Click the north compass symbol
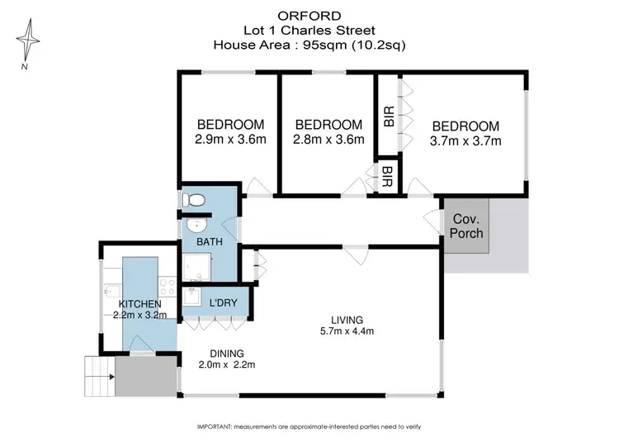(30, 41)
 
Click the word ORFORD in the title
(309, 14)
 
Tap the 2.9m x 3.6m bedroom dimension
(231, 140)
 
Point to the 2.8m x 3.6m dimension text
(328, 140)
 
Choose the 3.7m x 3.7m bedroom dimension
(465, 140)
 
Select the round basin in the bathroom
(196, 226)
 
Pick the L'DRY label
(223, 303)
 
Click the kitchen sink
(111, 290)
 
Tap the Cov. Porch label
(466, 226)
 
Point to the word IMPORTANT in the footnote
(216, 426)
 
